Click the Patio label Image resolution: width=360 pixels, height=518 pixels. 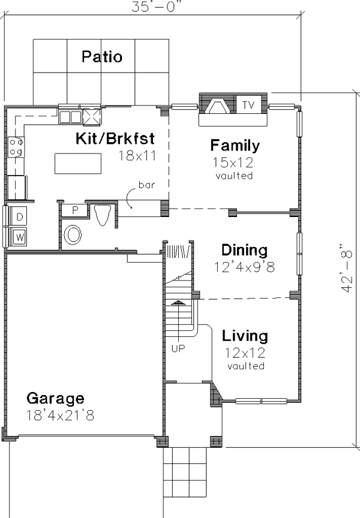tap(102, 57)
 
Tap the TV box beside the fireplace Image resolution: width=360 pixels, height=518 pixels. tap(248, 104)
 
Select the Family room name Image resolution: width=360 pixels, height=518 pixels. tap(235, 145)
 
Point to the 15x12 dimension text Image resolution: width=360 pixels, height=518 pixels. tap(233, 162)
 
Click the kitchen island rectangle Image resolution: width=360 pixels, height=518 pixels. tap(78, 163)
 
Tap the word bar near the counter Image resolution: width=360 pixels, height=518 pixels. tap(147, 185)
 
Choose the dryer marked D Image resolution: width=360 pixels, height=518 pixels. tap(20, 216)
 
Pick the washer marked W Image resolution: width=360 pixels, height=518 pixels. tap(20, 237)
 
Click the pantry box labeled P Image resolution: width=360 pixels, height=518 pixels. tap(75, 210)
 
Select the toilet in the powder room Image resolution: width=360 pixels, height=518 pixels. tap(103, 215)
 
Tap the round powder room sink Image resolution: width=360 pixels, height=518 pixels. tap(73, 235)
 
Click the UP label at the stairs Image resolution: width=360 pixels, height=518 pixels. tap(178, 348)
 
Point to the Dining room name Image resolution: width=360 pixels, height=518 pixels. tap(244, 250)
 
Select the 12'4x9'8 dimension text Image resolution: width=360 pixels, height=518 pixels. tap(244, 267)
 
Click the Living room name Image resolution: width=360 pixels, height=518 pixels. tap(245, 336)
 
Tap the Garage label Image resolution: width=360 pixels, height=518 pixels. tap(55, 399)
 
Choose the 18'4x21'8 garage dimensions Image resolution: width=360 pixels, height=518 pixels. tap(60, 415)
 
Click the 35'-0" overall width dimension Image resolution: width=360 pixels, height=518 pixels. tap(157, 6)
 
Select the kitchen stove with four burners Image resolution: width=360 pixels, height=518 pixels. tap(16, 147)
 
